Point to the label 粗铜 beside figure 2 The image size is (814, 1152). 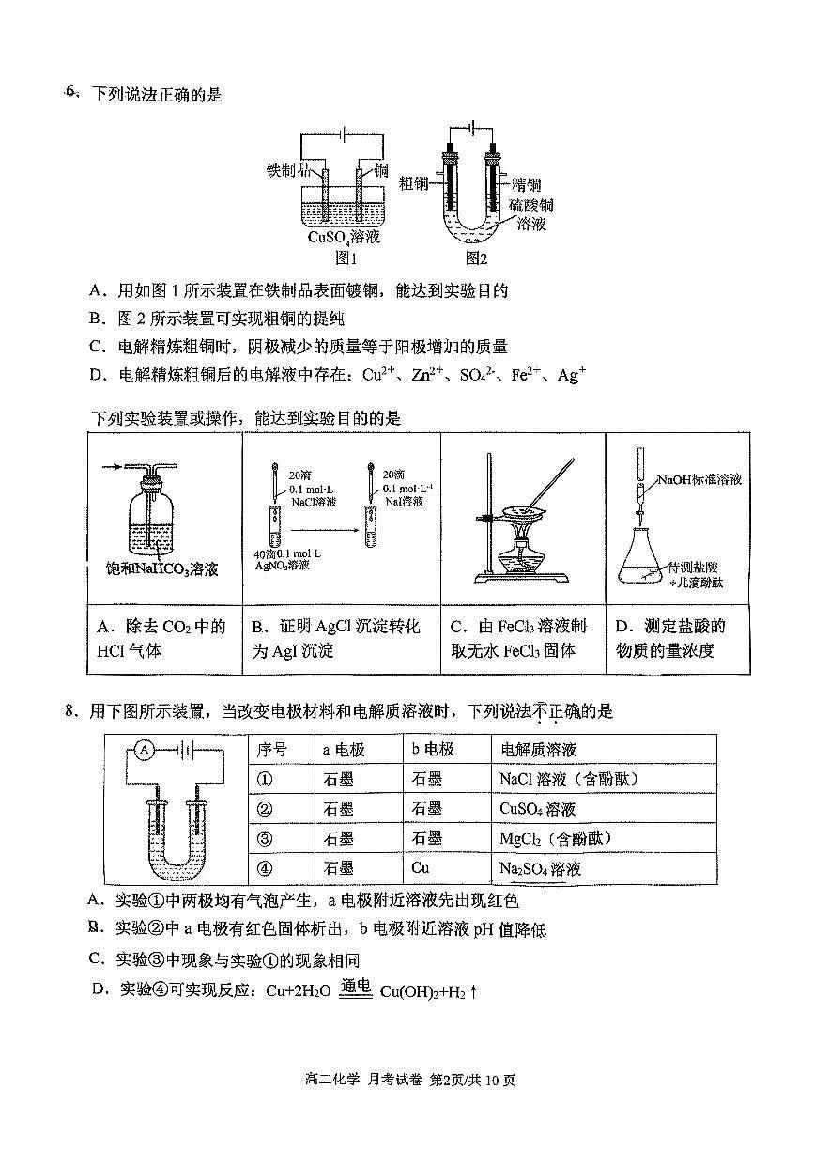pyautogui.click(x=414, y=182)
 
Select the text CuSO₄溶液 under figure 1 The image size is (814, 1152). pyautogui.click(x=344, y=237)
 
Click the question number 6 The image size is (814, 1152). pyautogui.click(x=70, y=92)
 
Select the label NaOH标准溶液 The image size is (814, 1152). pyautogui.click(x=699, y=480)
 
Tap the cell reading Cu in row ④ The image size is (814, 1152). pyautogui.click(x=421, y=867)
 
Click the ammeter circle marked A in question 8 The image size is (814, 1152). pyautogui.click(x=143, y=750)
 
